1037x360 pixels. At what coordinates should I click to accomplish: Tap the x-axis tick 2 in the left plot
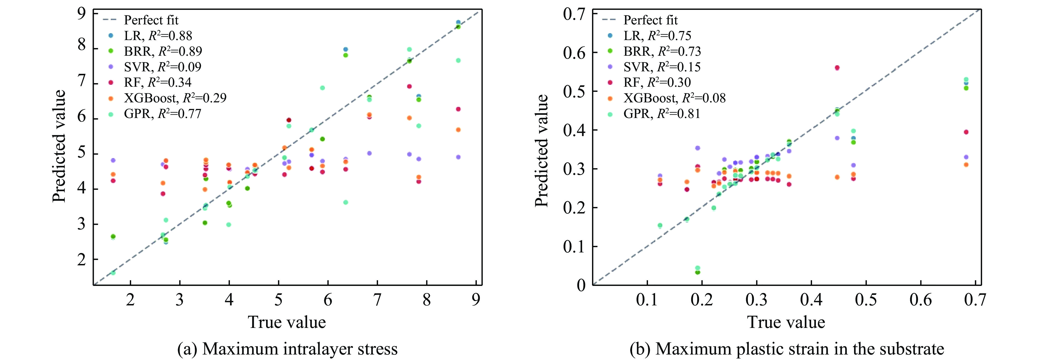[x=130, y=300]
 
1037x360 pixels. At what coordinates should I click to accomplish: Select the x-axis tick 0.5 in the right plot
[x=866, y=300]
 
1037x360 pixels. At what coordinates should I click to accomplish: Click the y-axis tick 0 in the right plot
[x=581, y=285]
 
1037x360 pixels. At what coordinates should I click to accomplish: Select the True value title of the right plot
[x=786, y=322]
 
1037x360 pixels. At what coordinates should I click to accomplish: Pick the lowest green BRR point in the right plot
[x=697, y=272]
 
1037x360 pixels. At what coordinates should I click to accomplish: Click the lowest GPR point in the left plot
[x=113, y=273]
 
